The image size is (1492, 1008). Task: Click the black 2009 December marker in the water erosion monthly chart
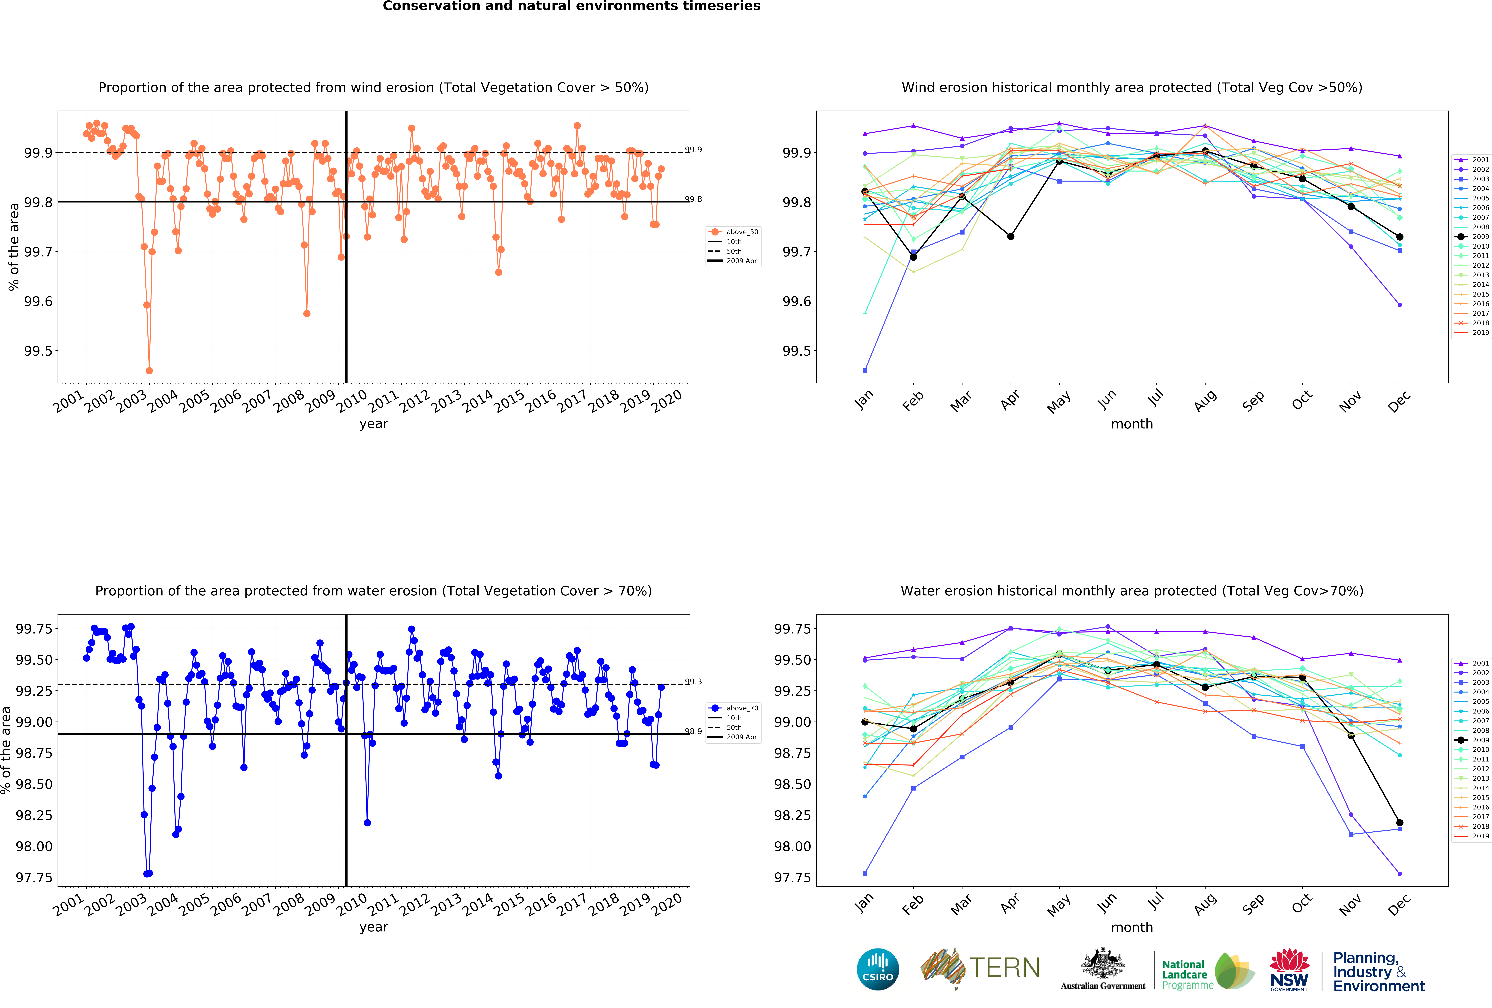[1400, 822]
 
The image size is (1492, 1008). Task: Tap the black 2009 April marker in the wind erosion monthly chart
[1010, 236]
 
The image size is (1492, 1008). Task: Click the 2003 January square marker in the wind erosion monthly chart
[865, 370]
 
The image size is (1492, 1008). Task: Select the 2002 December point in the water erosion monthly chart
[1400, 874]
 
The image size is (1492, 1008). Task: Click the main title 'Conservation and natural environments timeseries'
[571, 6]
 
